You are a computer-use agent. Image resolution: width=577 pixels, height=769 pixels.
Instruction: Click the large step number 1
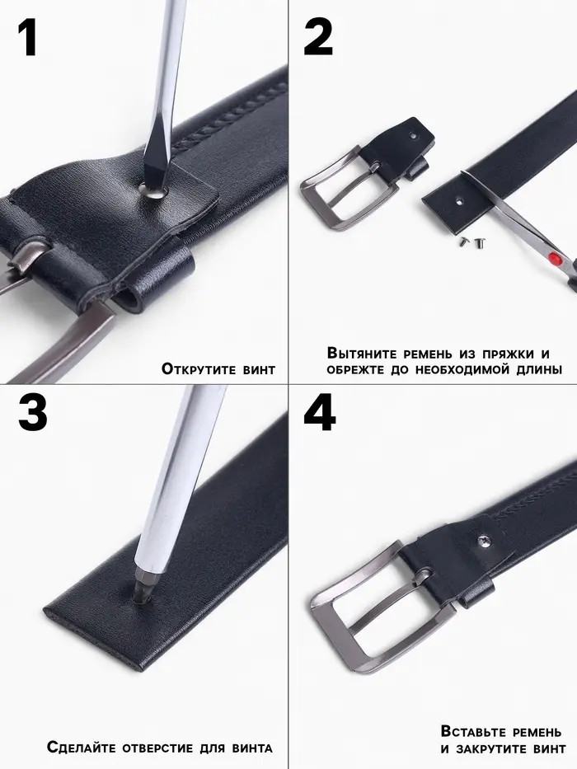[x=27, y=38]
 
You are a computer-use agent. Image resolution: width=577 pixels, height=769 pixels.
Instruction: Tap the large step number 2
[x=318, y=38]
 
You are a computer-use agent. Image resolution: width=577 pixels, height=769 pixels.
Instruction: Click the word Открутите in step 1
[x=199, y=368]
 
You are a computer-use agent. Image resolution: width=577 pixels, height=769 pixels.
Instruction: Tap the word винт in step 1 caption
[x=259, y=369]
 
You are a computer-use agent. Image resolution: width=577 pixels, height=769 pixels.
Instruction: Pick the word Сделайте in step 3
[x=82, y=747]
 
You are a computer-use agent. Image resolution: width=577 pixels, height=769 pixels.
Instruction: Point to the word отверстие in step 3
[x=157, y=748]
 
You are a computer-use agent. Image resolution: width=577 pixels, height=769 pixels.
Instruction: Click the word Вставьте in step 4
[x=474, y=731]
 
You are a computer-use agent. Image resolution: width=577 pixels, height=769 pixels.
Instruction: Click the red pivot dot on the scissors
[x=555, y=258]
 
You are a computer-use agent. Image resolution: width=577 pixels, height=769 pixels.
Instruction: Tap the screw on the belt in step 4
[x=484, y=540]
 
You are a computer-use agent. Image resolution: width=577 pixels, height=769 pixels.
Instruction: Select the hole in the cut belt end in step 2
[x=460, y=200]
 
